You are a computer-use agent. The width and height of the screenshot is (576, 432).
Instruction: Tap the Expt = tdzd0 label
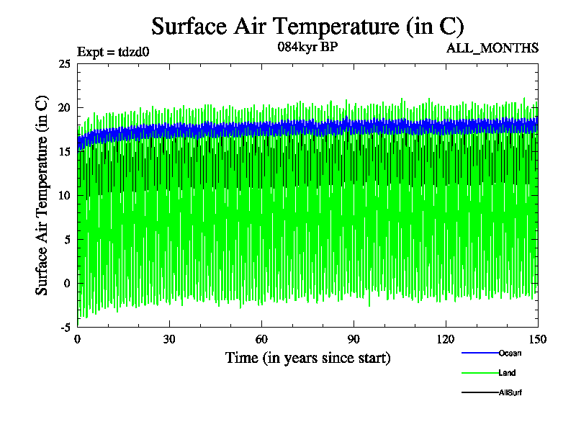(x=112, y=52)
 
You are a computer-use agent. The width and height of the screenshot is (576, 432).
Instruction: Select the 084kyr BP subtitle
(x=307, y=48)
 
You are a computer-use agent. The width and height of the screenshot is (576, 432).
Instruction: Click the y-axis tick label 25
(x=64, y=64)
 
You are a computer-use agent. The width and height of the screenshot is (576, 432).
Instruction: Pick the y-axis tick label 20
(x=64, y=108)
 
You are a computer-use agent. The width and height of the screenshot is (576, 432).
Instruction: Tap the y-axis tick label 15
(x=64, y=152)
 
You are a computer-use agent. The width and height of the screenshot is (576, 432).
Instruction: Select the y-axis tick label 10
(x=64, y=196)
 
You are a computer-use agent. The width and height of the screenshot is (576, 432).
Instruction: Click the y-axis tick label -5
(x=65, y=327)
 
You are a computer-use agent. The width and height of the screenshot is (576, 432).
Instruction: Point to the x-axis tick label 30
(x=169, y=340)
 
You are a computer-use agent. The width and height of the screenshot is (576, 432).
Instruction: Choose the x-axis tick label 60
(x=261, y=340)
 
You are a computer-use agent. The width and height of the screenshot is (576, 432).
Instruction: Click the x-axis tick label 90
(x=354, y=340)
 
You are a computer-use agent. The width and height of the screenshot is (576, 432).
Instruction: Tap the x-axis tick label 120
(x=446, y=340)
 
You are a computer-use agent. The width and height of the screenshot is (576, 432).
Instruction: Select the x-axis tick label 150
(x=538, y=340)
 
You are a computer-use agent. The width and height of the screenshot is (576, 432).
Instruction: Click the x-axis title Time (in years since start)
(x=307, y=358)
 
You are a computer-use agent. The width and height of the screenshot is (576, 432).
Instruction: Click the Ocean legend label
(x=509, y=353)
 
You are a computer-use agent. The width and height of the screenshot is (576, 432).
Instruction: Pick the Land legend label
(x=507, y=373)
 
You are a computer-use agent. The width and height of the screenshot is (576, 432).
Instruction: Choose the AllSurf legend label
(x=510, y=393)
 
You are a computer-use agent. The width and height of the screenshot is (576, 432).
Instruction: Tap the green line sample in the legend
(x=480, y=373)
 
